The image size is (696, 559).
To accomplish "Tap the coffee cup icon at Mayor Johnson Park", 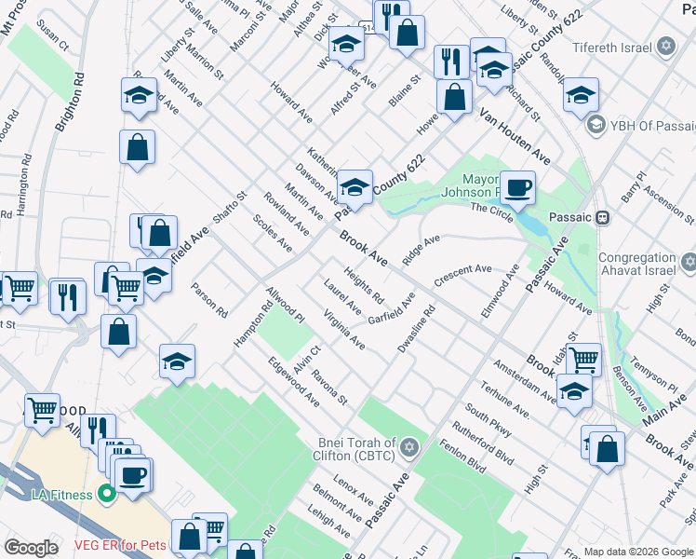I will (517, 188).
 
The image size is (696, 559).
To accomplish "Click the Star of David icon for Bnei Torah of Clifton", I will (406, 449).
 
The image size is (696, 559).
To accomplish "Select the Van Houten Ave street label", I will (514, 137).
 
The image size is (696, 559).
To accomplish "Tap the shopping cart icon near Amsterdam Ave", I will (583, 358).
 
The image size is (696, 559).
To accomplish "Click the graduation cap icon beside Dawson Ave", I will (355, 186).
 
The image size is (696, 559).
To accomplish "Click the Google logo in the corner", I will (31, 548).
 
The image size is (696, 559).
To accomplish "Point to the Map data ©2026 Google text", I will (637, 552).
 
